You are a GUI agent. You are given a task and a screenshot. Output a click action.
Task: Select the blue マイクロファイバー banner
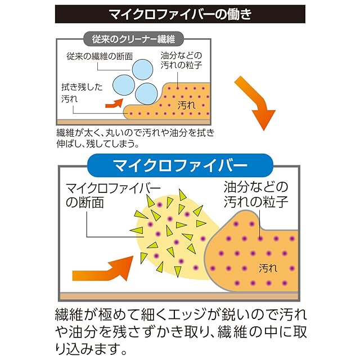tap(180, 165)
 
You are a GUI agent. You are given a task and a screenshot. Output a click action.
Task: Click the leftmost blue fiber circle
tap(124, 84)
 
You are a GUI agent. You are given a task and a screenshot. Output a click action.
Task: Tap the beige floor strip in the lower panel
tap(180, 295)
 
